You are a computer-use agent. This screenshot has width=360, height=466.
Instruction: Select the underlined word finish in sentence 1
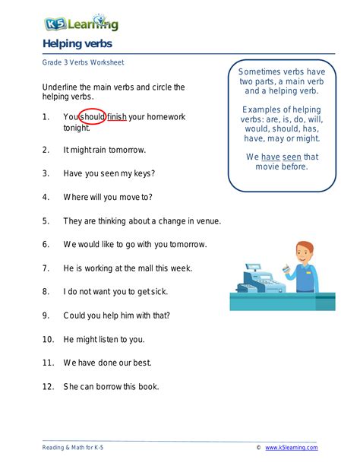pyautogui.click(x=117, y=117)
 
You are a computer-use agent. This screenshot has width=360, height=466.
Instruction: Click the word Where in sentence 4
pyautogui.click(x=77, y=197)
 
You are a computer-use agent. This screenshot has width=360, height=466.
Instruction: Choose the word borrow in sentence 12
pyautogui.click(x=109, y=386)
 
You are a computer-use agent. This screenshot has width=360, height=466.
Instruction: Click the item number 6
pyautogui.click(x=46, y=244)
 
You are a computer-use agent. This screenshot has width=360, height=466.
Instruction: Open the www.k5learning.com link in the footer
pyautogui.click(x=291, y=448)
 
